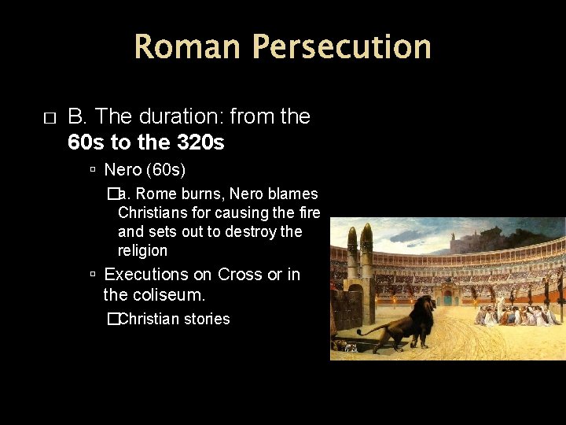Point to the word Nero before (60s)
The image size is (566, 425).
click(x=123, y=169)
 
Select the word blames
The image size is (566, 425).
click(x=293, y=194)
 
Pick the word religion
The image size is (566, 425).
click(x=142, y=250)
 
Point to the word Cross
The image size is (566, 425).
click(x=241, y=275)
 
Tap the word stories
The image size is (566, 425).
click(x=204, y=319)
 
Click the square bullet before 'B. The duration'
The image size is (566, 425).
click(x=50, y=118)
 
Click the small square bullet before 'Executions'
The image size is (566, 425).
click(x=93, y=275)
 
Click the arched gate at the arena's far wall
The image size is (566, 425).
click(x=447, y=299)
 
